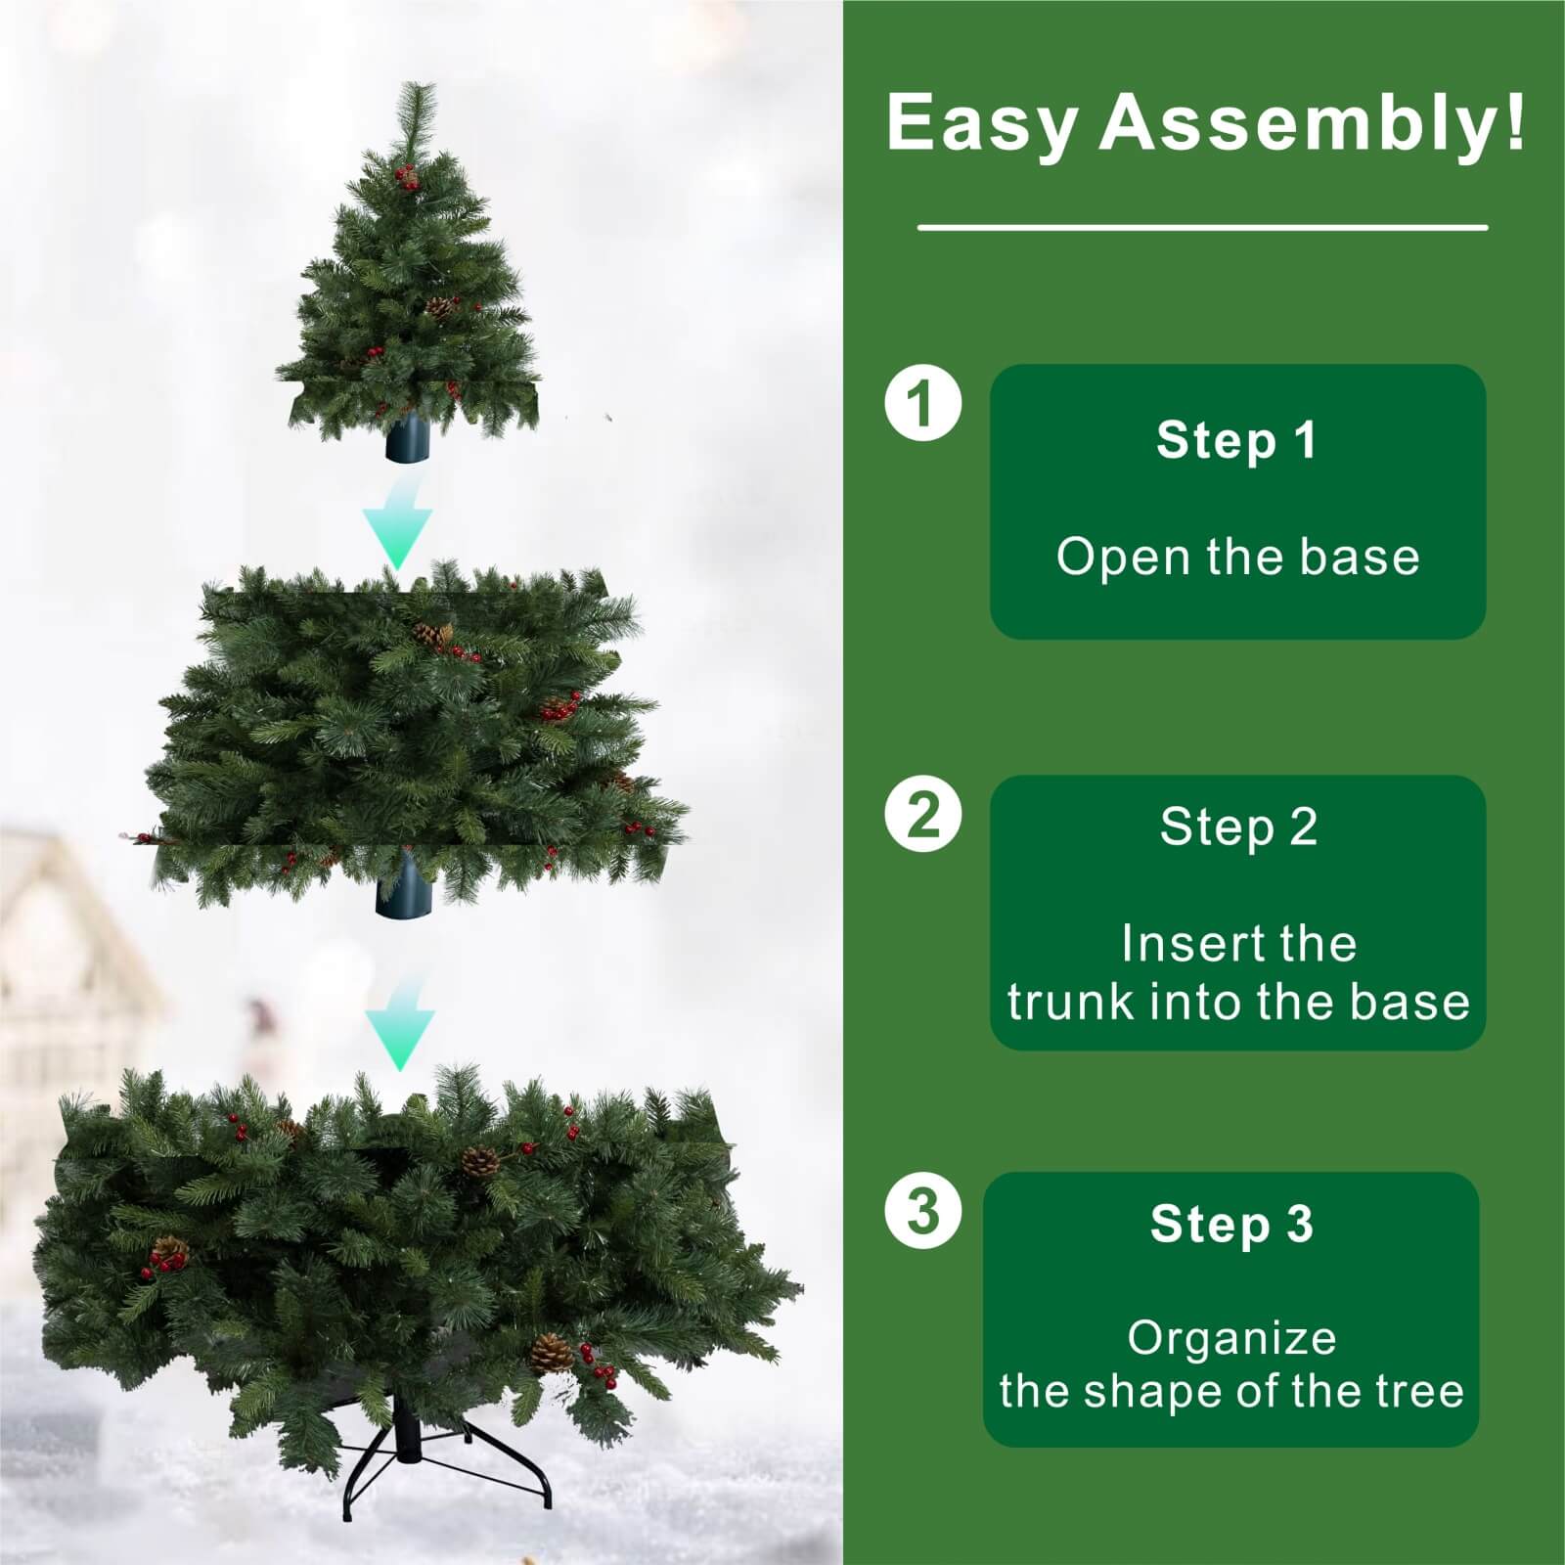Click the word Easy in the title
tap(981, 123)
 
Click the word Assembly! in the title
tap(1312, 123)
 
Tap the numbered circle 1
tap(922, 402)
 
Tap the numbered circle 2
tap(922, 814)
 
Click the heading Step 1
tap(1236, 440)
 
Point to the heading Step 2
tap(1238, 827)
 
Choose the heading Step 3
tap(1231, 1224)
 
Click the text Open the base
tap(1237, 557)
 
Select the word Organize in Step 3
tap(1231, 1337)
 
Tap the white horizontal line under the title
tap(1202, 228)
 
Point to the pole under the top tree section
tap(408, 438)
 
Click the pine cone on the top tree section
tap(441, 307)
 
